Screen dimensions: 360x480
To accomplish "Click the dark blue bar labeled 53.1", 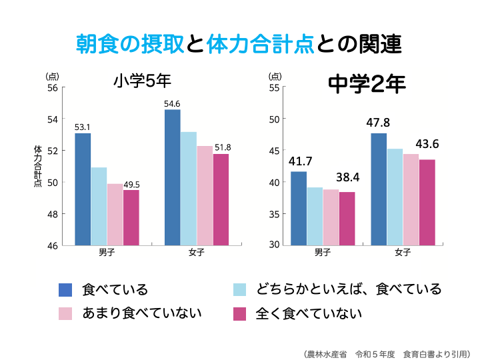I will point(83,189).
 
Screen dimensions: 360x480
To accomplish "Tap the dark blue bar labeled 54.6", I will point(172,177).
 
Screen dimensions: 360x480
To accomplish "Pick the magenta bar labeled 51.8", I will point(221,199).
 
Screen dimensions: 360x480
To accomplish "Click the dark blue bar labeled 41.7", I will point(299,208).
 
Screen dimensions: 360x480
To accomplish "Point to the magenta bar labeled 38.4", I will point(347,218).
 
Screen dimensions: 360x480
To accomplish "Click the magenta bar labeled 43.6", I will point(427,202).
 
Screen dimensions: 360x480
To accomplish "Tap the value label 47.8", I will point(378,123).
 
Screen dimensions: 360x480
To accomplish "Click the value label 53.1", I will point(83,127).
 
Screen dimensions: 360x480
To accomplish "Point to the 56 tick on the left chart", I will point(52,87).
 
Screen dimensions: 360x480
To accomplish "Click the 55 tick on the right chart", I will point(273,87).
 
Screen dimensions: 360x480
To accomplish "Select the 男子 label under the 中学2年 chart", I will point(323,253).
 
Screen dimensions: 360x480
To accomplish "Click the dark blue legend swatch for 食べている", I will point(65,289).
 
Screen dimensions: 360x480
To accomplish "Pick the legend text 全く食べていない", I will point(309,313).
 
